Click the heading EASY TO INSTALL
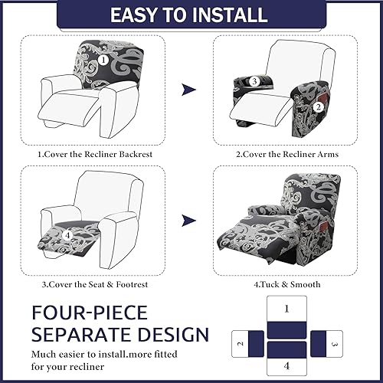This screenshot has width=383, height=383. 191,15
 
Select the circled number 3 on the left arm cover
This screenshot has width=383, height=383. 253,81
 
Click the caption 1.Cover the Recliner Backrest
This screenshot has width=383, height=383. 96,154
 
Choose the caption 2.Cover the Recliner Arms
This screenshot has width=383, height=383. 286,154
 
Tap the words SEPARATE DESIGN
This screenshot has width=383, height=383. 119,336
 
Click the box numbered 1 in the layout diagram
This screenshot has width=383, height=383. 286,309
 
